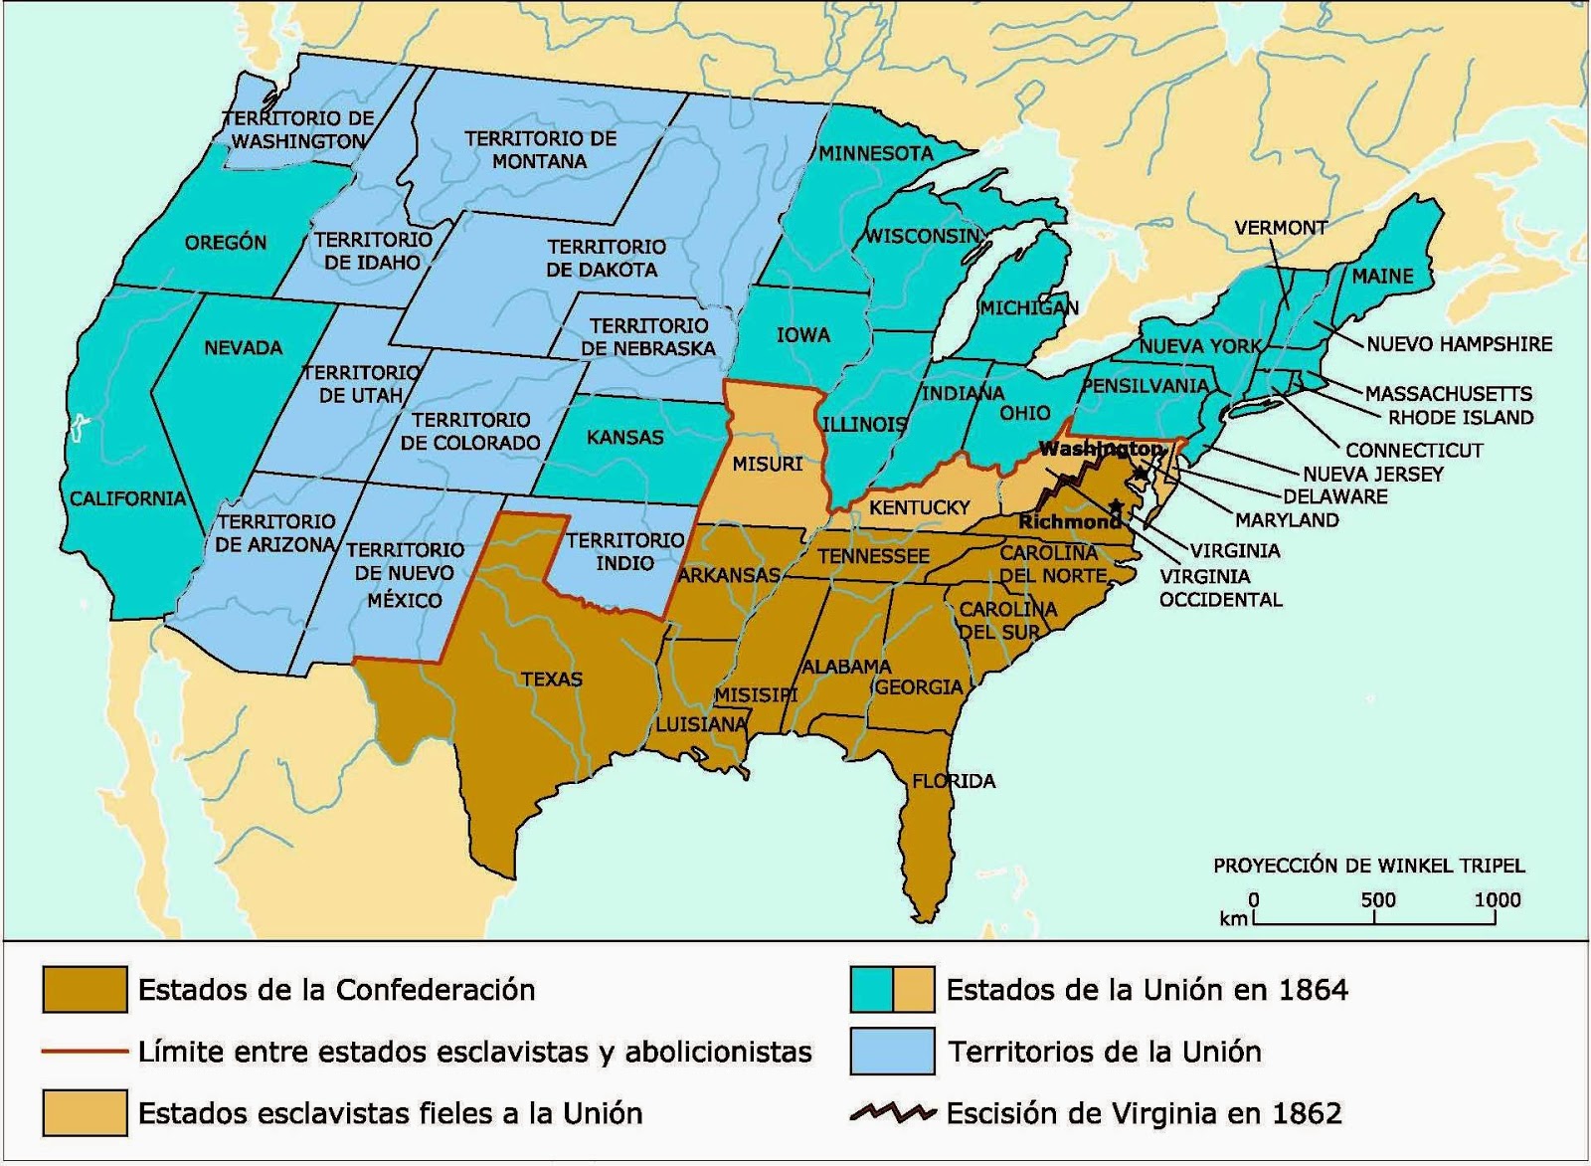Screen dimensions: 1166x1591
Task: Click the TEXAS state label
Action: pyautogui.click(x=552, y=680)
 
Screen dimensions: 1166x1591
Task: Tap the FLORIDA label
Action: pyautogui.click(x=954, y=781)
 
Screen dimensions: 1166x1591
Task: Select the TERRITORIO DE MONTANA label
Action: pyautogui.click(x=540, y=149)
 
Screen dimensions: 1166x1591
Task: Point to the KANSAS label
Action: pyautogui.click(x=624, y=437)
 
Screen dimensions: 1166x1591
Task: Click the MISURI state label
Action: pyautogui.click(x=767, y=464)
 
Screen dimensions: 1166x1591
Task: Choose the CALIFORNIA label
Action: pyautogui.click(x=127, y=498)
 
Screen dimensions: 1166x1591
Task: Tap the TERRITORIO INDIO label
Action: pyautogui.click(x=625, y=551)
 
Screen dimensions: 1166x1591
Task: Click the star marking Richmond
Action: pyautogui.click(x=1116, y=506)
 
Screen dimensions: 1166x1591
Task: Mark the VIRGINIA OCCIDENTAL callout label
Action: pyautogui.click(x=1220, y=588)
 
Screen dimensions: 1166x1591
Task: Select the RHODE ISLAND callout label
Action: pyautogui.click(x=1460, y=418)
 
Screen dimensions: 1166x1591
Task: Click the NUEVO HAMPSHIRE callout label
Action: pyautogui.click(x=1459, y=344)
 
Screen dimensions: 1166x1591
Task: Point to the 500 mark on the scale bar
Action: pyautogui.click(x=1377, y=900)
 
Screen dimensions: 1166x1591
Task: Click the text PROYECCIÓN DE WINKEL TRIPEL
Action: pyautogui.click(x=1368, y=866)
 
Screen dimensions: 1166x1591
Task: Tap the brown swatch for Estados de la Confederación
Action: pyautogui.click(x=85, y=990)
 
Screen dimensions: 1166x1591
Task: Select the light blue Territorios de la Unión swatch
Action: pyautogui.click(x=892, y=1052)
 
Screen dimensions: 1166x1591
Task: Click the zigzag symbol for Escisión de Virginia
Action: pyautogui.click(x=892, y=1113)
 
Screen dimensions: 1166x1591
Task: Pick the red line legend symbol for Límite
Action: pyautogui.click(x=85, y=1052)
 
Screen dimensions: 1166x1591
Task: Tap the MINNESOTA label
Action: pyautogui.click(x=876, y=153)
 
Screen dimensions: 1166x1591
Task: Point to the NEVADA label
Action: pyautogui.click(x=244, y=348)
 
